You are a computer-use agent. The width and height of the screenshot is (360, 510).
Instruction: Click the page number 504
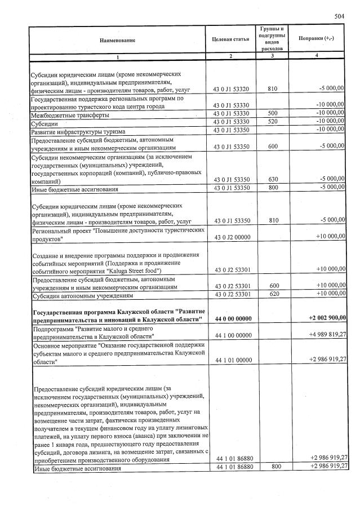[x=339, y=16]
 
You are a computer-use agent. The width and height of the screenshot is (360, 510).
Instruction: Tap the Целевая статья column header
[x=230, y=39]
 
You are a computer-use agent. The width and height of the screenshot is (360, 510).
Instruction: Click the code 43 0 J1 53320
[x=232, y=89]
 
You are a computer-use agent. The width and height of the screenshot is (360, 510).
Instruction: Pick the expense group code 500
[x=273, y=113]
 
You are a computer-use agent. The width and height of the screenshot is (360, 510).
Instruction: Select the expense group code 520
[x=273, y=122]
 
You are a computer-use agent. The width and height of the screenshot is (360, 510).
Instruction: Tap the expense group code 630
[x=273, y=179]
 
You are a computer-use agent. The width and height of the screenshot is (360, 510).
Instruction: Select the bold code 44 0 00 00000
[x=232, y=318]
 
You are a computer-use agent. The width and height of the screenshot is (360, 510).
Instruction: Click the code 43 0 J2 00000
[x=232, y=236]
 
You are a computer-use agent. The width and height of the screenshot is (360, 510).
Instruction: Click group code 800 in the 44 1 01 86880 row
[x=273, y=467]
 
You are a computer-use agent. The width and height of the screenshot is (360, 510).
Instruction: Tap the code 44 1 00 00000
[x=232, y=335]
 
